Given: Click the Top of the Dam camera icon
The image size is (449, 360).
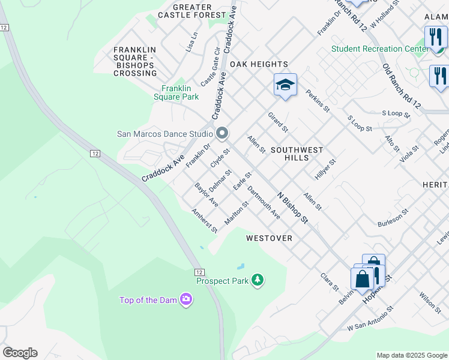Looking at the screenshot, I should click(x=186, y=299).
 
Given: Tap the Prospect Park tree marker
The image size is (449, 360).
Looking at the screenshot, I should click(x=258, y=280).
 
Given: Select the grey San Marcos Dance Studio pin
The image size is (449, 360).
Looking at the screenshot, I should click(x=222, y=133).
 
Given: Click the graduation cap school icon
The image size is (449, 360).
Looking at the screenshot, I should click(x=285, y=85).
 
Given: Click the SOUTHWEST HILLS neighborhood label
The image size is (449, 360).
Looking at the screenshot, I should click(x=297, y=154).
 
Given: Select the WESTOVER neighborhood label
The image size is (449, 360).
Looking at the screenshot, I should click(x=269, y=238).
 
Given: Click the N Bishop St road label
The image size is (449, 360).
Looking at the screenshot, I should click(x=292, y=208).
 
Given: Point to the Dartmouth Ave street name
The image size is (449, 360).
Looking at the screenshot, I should click(x=264, y=205).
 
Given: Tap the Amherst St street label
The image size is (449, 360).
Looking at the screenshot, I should click(x=203, y=220).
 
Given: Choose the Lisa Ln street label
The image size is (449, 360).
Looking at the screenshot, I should click(x=191, y=41).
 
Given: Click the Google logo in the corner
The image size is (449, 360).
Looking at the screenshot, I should click(x=20, y=353).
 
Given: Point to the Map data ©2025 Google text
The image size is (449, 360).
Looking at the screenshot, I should click(x=411, y=355).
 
